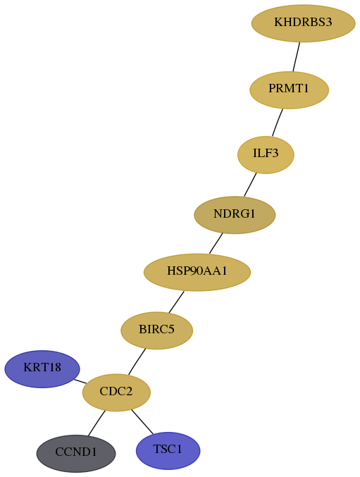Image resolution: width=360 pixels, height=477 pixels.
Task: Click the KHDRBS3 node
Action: point(303,23)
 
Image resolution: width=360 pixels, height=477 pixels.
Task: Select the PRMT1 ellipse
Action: point(289,89)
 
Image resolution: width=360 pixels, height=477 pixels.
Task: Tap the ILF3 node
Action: point(266,155)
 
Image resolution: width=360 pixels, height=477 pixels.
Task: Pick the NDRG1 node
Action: point(235,215)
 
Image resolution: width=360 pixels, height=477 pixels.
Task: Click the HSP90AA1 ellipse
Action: point(197,272)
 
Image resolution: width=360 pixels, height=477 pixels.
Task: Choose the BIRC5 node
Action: point(157,330)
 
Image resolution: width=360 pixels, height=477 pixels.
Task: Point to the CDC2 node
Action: point(116,392)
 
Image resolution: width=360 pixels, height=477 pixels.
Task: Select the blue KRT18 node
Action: point(42,369)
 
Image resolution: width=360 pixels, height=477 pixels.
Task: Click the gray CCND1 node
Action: point(76,453)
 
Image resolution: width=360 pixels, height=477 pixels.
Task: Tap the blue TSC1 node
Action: point(168,450)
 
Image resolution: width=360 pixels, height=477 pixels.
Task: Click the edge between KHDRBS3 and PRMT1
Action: point(297,57)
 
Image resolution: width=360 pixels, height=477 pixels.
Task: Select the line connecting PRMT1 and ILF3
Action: point(278,123)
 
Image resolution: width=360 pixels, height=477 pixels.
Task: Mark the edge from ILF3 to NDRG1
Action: point(250,185)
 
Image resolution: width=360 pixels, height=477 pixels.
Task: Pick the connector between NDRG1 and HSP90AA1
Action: point(216,243)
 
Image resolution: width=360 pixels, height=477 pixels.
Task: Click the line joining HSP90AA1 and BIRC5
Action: point(176,302)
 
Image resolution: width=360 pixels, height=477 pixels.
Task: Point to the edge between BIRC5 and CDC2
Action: point(137,361)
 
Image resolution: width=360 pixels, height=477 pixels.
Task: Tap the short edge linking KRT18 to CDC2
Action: point(80,381)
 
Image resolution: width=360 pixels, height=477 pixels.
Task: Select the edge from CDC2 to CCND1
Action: point(97,423)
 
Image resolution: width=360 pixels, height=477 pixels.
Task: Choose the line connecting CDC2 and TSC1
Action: point(142,421)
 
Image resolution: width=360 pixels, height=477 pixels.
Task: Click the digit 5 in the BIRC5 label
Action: point(171,330)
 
